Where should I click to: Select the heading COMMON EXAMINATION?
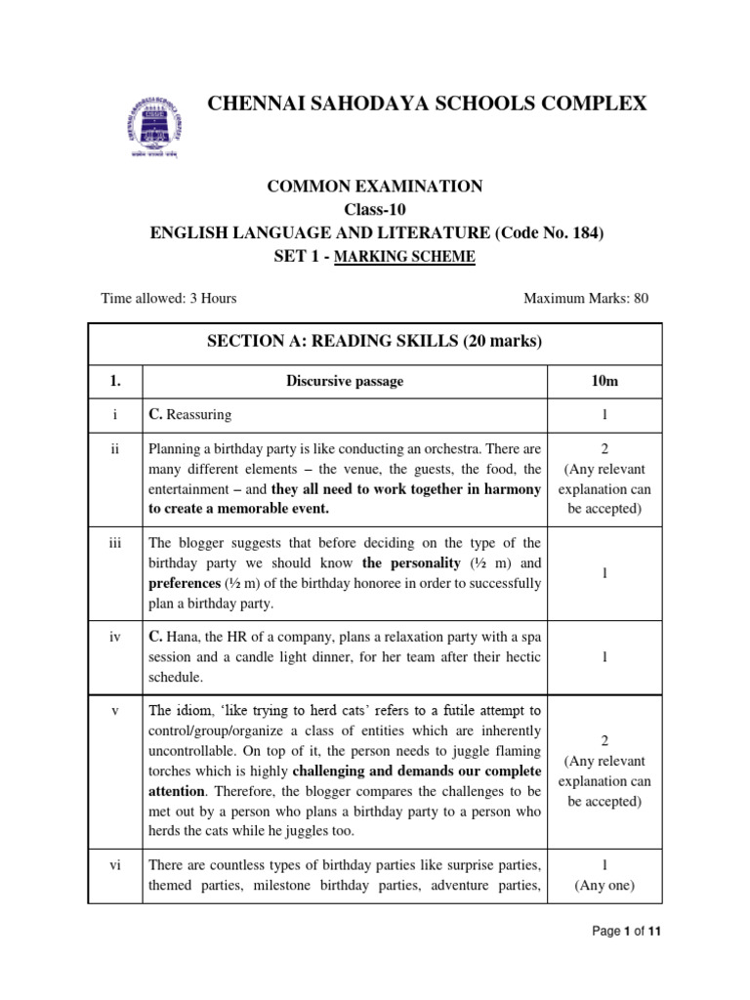click(x=375, y=187)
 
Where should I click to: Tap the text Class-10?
click(x=375, y=209)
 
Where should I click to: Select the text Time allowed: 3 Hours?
click(x=169, y=298)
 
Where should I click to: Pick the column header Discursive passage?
click(x=345, y=382)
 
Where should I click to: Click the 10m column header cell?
click(x=604, y=382)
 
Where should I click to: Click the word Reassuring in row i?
click(x=199, y=415)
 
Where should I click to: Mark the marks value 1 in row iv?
click(x=604, y=657)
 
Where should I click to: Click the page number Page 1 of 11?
click(x=628, y=932)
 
